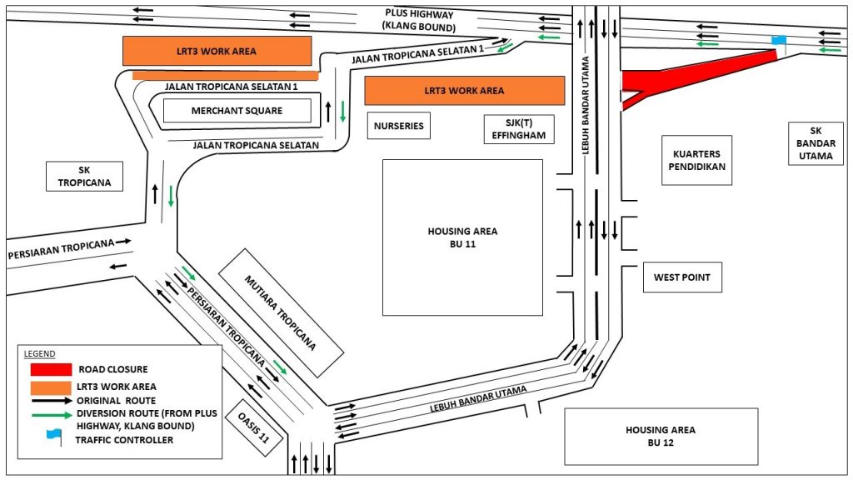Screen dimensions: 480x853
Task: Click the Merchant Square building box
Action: click(237, 111)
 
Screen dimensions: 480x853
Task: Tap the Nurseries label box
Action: click(398, 127)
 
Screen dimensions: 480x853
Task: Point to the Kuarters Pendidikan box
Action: click(696, 160)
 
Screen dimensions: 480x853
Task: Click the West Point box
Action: click(682, 277)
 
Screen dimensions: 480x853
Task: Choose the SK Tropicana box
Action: click(84, 177)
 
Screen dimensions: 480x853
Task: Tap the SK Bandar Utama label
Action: click(815, 142)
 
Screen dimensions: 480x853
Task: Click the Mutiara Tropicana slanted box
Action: click(281, 309)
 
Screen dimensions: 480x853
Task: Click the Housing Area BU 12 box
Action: click(661, 436)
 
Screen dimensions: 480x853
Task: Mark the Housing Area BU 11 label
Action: click(462, 237)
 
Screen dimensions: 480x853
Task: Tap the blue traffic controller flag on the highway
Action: click(778, 41)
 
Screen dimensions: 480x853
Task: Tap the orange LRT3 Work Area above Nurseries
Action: click(464, 90)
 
